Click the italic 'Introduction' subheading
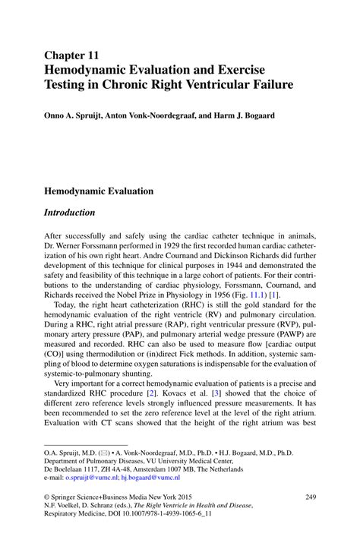click(70, 212)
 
